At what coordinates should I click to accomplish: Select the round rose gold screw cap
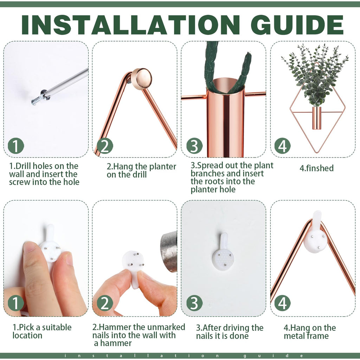[142, 79]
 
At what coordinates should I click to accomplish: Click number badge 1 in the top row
[16, 146]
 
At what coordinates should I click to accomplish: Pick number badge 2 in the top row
[105, 146]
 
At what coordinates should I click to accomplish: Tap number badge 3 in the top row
[194, 146]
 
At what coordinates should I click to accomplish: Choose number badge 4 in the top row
[282, 146]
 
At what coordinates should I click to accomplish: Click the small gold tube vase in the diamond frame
[317, 118]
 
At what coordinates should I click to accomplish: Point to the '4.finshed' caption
[316, 168]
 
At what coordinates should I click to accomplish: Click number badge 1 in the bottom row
[16, 303]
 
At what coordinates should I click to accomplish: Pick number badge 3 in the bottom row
[194, 303]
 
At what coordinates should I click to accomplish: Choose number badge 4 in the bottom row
[282, 303]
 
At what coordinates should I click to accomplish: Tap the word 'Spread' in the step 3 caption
[211, 166]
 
